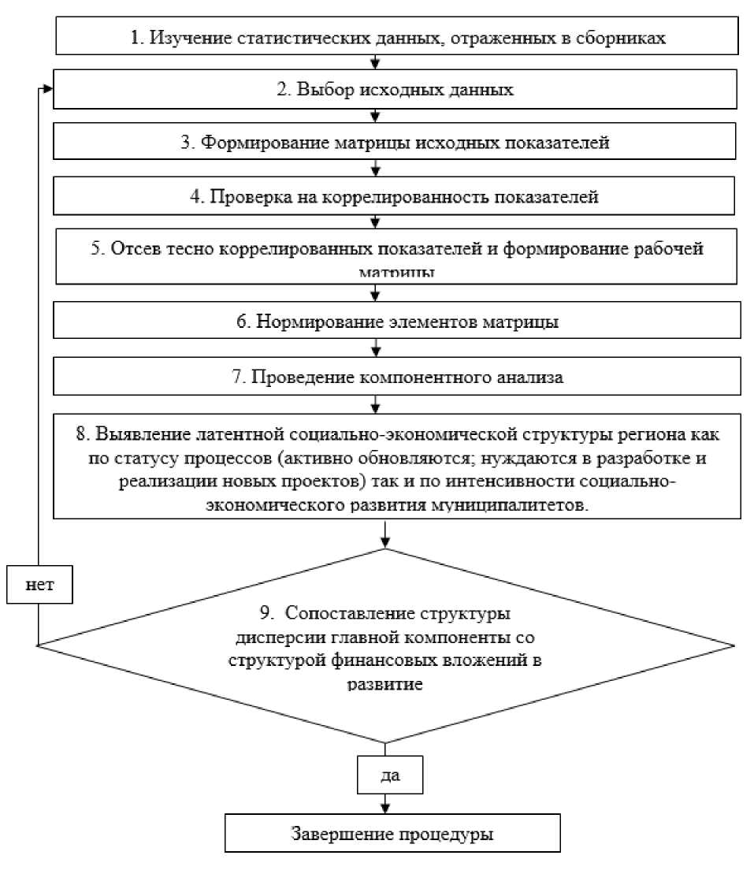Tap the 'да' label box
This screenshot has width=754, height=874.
coord(390,775)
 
